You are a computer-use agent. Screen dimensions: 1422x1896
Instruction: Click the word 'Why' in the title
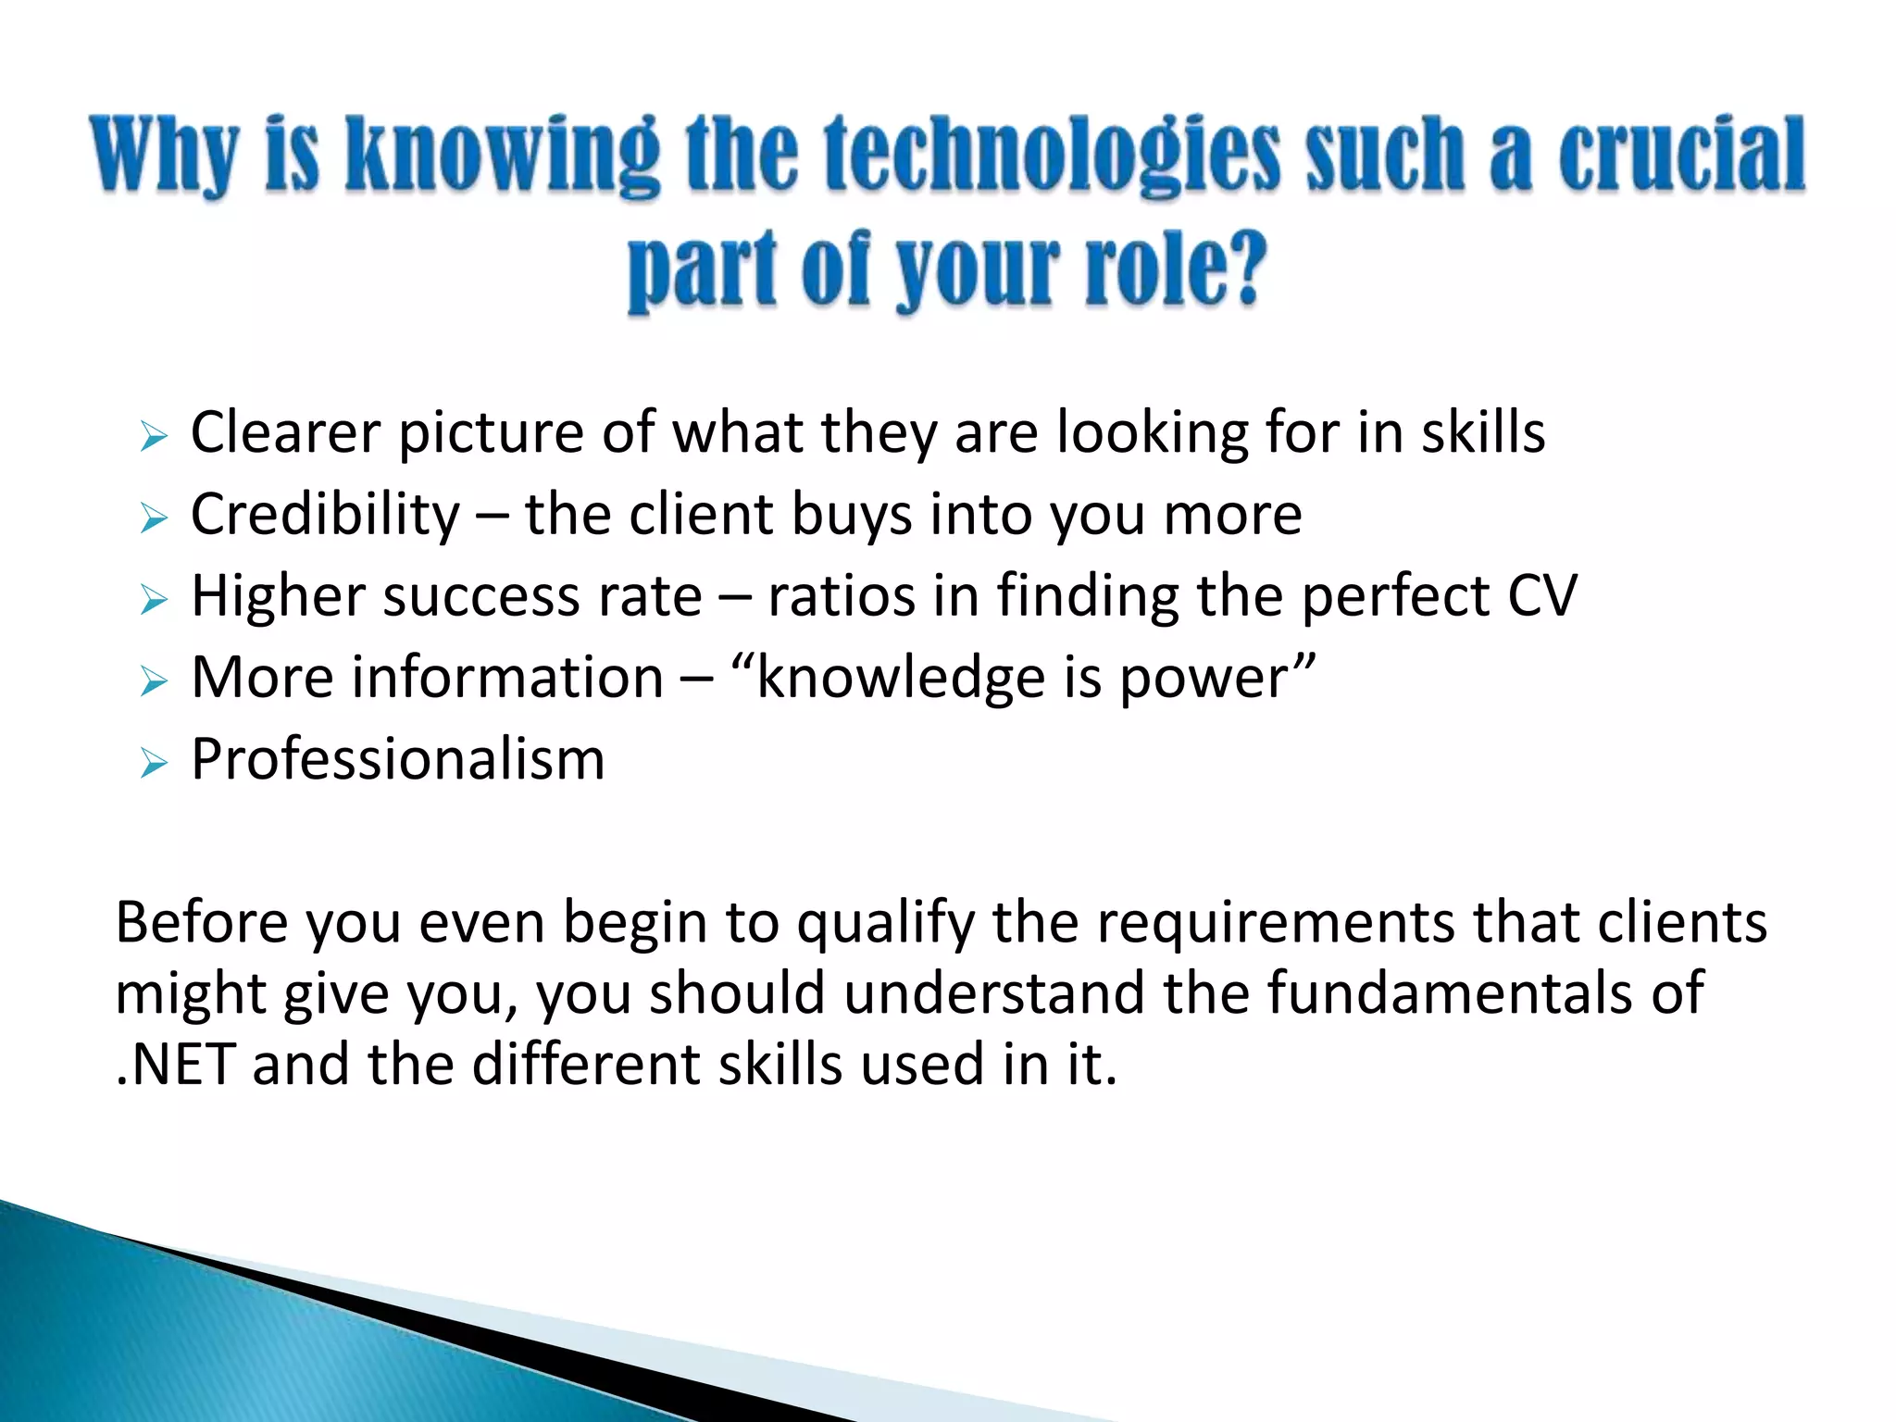(x=166, y=156)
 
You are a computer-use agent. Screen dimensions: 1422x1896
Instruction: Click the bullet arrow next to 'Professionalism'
(x=153, y=763)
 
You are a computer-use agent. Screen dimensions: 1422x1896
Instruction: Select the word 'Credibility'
(x=325, y=515)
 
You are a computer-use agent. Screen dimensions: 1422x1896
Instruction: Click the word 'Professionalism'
(x=398, y=759)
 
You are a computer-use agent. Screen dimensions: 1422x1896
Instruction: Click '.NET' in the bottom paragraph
(x=174, y=1065)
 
